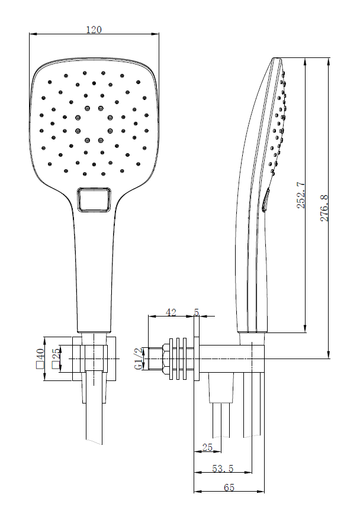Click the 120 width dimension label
[94, 30]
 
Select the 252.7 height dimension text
[301, 194]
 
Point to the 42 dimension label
[171, 312]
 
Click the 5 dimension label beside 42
[197, 312]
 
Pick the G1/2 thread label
[139, 359]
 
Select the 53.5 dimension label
[223, 469]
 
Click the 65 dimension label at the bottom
[229, 488]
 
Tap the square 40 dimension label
[40, 359]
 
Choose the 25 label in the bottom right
[207, 448]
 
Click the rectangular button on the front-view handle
[94, 199]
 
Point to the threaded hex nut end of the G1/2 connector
[157, 359]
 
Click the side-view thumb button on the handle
[265, 200]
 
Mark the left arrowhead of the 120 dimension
[31, 34]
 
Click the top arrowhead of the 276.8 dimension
[329, 60]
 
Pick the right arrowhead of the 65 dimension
[263, 491]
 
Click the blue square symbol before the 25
[56, 365]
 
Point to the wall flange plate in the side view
[197, 359]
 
